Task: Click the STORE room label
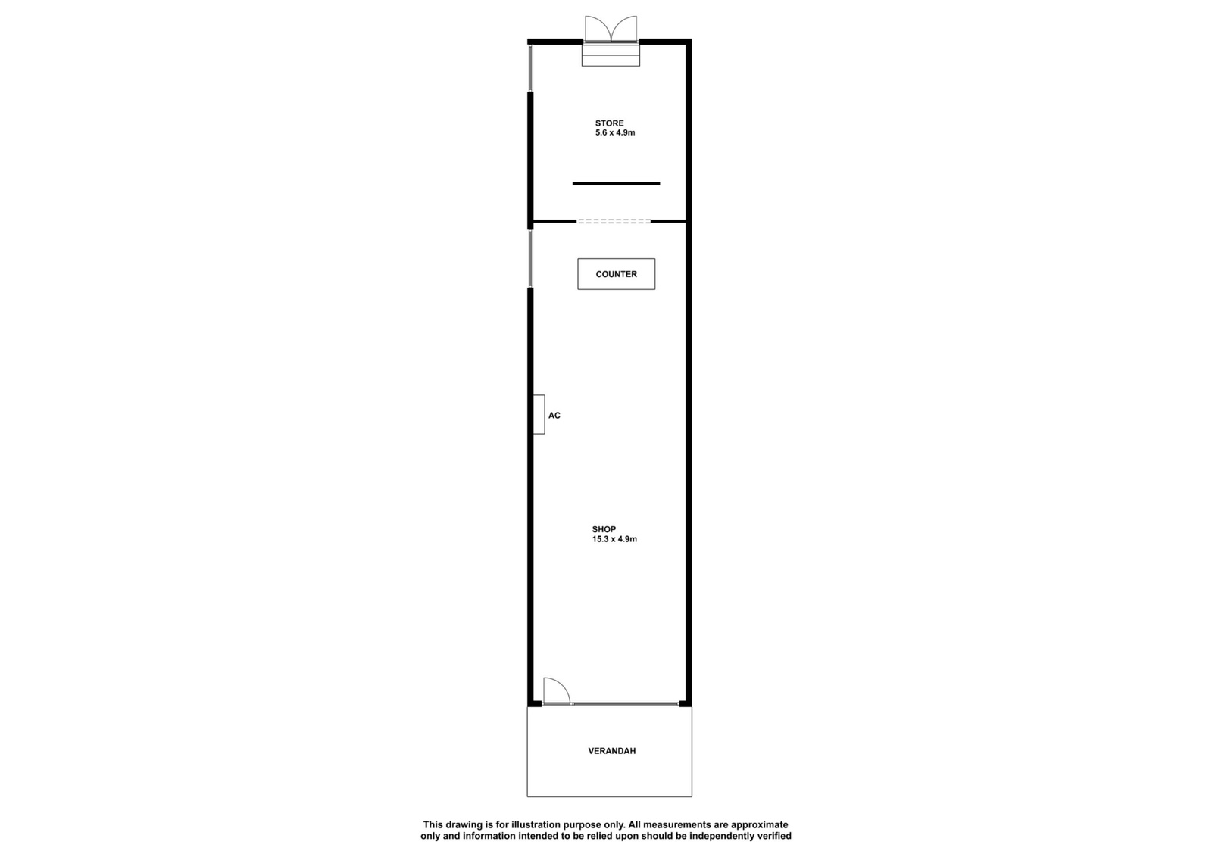609,123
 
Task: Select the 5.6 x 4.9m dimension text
615,132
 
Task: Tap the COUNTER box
617,273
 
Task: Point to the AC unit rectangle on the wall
539,414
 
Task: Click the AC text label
554,416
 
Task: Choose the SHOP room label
604,529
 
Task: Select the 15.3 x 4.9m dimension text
614,538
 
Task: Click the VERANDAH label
611,751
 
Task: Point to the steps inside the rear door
611,54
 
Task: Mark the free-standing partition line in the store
617,183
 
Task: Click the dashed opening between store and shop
614,221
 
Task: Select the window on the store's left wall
530,68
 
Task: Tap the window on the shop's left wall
530,258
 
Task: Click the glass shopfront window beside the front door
626,703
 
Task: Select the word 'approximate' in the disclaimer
760,826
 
